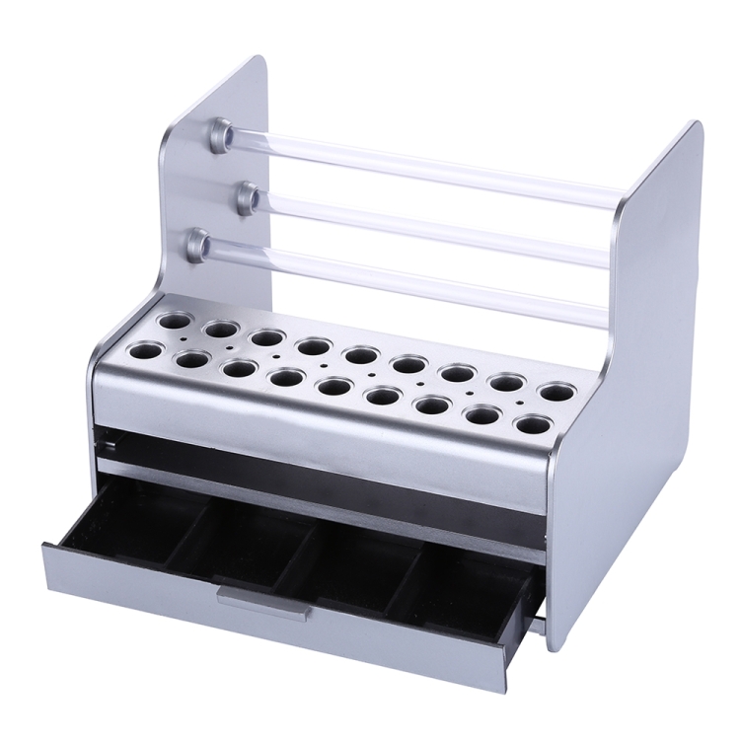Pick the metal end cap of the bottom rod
point(199,241)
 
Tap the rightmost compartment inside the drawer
point(464,582)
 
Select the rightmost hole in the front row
point(533,425)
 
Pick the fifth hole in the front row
point(333,387)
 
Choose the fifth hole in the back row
point(361,355)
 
